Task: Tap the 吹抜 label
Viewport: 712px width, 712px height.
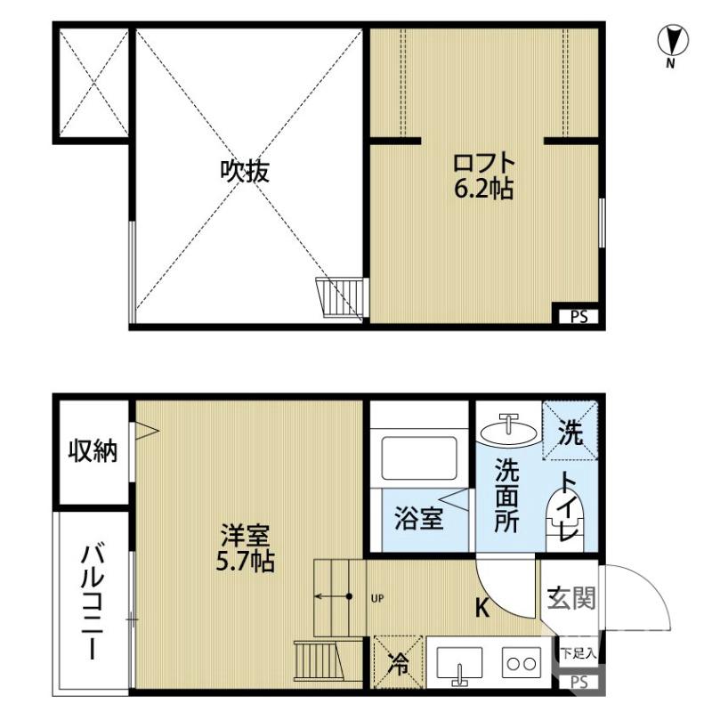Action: [245, 171]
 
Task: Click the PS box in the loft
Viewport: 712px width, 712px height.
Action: [578, 315]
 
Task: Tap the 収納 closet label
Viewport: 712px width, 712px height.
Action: [93, 451]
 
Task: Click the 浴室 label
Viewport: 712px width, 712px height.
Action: [418, 518]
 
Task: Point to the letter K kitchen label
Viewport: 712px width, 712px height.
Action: [481, 609]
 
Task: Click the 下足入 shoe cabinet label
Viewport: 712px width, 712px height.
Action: [579, 652]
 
